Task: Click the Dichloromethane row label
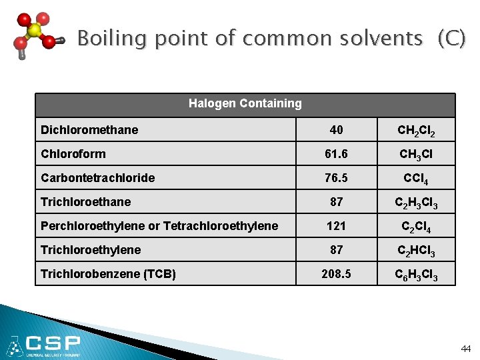89,130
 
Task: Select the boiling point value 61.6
336,154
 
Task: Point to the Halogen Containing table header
245,103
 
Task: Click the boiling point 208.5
336,274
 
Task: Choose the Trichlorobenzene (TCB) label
108,274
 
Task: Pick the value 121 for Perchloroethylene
336,226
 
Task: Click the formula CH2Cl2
417,131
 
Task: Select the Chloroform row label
73,154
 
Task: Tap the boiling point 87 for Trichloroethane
336,202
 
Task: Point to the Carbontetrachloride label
97,178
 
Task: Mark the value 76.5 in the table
336,178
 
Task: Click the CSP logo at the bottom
44,345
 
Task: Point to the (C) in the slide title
451,39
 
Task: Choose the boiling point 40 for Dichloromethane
336,130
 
